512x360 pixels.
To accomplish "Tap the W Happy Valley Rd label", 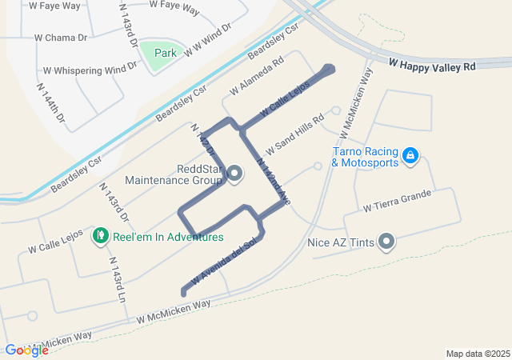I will (x=433, y=64).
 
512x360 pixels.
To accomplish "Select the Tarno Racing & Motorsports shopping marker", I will (x=410, y=154).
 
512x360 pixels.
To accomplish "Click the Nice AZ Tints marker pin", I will (x=387, y=241).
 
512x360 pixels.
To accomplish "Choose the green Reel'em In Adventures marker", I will (x=101, y=236).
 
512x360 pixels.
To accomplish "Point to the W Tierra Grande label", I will (x=397, y=200).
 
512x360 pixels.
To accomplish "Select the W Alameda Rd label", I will (x=256, y=74).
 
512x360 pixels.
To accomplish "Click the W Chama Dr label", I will (x=61, y=37).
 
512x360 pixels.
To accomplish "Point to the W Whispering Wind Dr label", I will (x=90, y=70).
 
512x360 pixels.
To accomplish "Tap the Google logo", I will (x=26, y=350).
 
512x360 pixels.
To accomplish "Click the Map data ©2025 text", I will (x=478, y=354).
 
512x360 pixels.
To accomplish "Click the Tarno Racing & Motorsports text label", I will (x=364, y=158).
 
